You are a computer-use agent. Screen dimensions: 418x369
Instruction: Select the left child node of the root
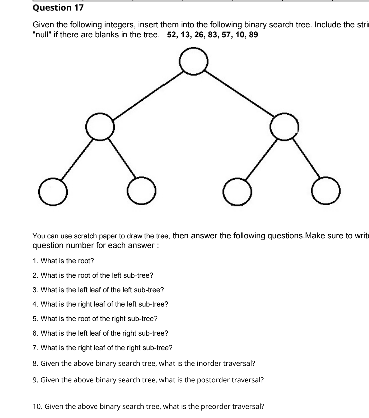[x=100, y=127]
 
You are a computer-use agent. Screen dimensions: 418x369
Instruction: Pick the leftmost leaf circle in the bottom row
[x=53, y=192]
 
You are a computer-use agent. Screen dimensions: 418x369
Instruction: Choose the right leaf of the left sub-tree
[x=142, y=191]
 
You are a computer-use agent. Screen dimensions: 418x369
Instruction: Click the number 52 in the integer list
[x=172, y=35]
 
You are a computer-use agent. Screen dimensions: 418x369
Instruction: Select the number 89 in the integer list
[x=253, y=35]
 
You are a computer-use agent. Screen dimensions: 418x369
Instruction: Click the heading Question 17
[x=59, y=8]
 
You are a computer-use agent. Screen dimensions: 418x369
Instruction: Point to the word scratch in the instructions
[x=85, y=236]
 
